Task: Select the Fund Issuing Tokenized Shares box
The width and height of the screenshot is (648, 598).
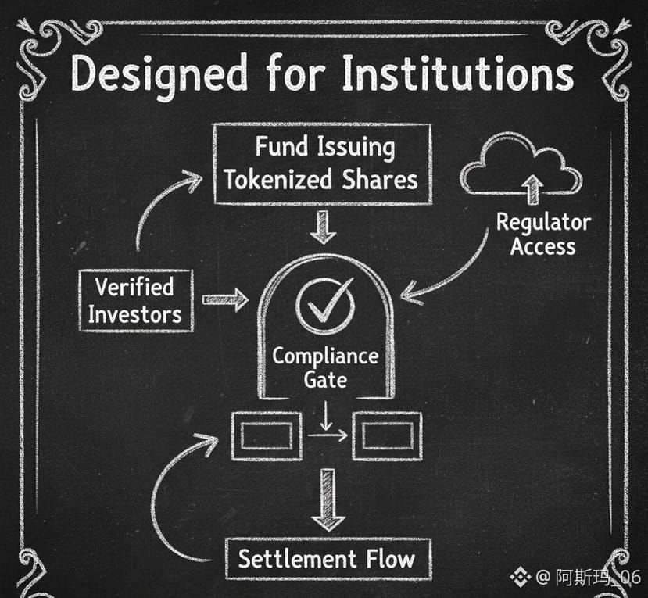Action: (x=321, y=164)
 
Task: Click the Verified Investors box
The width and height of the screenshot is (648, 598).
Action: (x=135, y=300)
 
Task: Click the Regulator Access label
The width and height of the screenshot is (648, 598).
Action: (x=543, y=235)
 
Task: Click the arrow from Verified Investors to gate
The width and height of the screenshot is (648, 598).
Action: (x=225, y=299)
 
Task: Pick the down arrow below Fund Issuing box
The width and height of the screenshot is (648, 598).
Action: (x=321, y=227)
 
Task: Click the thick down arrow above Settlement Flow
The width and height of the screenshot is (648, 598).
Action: (x=328, y=500)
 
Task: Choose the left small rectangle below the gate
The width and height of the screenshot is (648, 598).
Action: (x=267, y=436)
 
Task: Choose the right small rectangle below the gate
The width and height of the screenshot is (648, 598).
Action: (x=386, y=436)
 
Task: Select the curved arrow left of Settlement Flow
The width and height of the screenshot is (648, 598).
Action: (x=168, y=500)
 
